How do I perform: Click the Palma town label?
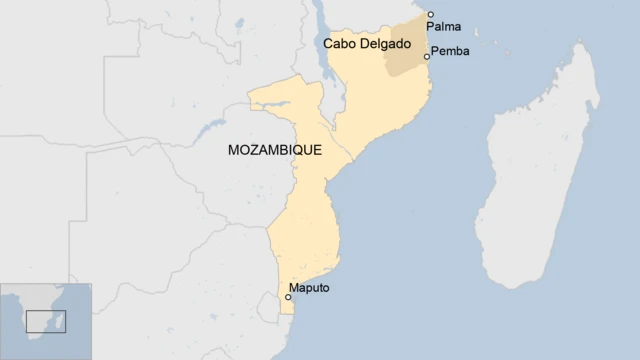(443, 27)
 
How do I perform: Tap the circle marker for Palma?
(431, 15)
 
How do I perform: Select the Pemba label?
(449, 50)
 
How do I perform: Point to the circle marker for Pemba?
(427, 57)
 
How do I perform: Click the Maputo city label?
(308, 288)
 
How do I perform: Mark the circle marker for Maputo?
(289, 297)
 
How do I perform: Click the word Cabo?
(341, 45)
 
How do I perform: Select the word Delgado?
(389, 45)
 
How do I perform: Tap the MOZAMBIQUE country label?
(274, 150)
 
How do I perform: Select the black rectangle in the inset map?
(45, 321)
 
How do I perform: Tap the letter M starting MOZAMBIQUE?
(234, 150)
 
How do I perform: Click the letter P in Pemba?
(434, 50)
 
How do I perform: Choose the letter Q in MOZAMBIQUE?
(300, 150)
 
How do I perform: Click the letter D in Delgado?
(366, 45)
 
